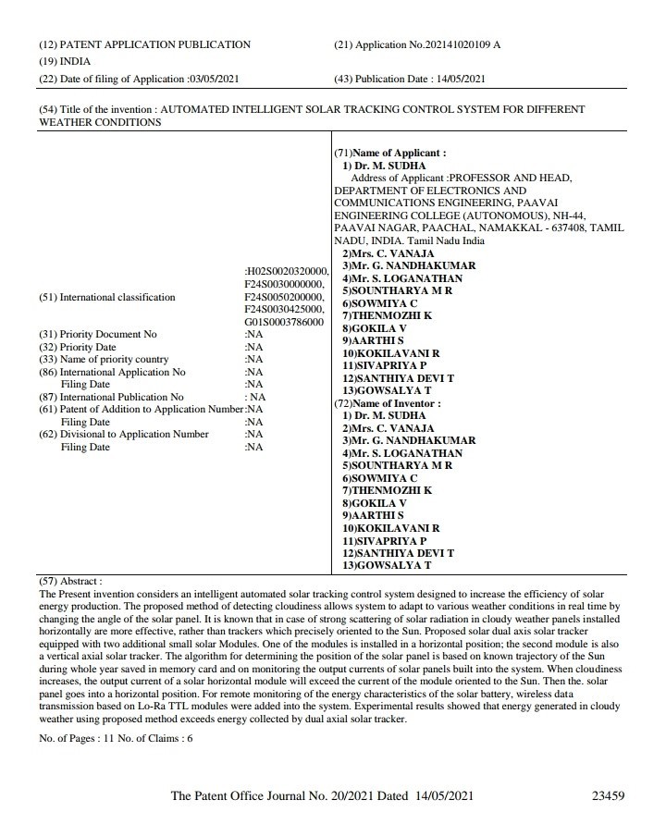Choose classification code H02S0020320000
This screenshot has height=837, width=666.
286,270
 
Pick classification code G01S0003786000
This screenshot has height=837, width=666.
285,321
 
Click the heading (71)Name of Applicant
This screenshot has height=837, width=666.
389,153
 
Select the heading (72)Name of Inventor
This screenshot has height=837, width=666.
387,403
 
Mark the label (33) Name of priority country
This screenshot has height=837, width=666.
104,359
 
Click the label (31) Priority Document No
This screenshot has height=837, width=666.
98,334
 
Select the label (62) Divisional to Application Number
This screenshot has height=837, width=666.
124,434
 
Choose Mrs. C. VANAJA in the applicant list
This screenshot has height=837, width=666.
388,253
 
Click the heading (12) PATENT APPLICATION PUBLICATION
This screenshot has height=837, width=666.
144,44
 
